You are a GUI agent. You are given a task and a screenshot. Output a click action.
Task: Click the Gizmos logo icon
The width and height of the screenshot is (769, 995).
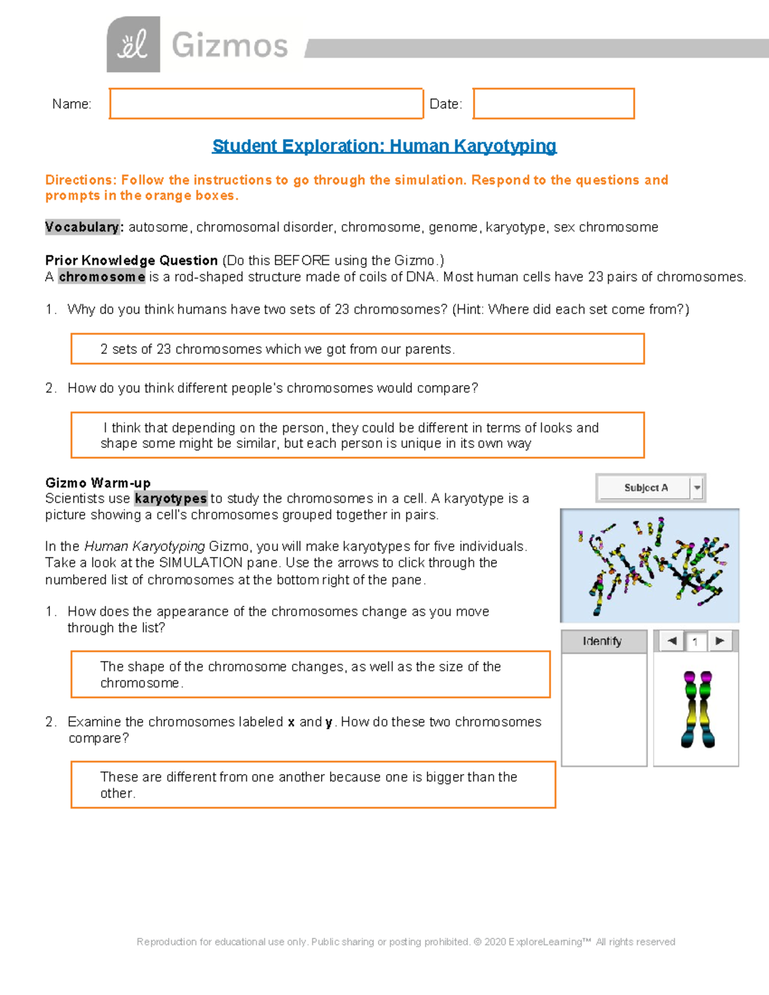pos(133,44)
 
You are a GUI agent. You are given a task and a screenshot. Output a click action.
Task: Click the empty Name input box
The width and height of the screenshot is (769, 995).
pos(266,104)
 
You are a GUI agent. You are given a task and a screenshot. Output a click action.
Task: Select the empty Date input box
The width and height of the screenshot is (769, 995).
pos(554,104)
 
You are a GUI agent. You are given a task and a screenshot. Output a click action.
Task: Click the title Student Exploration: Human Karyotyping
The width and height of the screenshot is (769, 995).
pos(384,146)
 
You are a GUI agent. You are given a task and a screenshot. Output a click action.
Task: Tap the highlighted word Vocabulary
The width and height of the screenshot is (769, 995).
pos(82,227)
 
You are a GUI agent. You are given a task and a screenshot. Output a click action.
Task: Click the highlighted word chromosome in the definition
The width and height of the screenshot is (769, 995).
pos(102,277)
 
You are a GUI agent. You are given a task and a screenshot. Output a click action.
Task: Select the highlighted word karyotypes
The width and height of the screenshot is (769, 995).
pos(170,498)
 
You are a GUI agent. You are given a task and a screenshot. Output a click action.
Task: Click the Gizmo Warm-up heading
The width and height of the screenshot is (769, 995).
pos(98,482)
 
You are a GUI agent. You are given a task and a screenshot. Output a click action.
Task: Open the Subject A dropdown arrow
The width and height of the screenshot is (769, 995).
pos(697,488)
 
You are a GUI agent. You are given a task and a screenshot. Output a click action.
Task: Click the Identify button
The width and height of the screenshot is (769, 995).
pos(603,641)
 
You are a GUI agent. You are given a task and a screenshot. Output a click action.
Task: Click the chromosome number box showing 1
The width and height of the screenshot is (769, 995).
pos(695,641)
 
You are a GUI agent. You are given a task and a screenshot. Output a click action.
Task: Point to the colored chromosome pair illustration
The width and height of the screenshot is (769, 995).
pos(698,709)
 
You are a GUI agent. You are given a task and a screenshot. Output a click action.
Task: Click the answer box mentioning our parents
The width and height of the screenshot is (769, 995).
pos(357,349)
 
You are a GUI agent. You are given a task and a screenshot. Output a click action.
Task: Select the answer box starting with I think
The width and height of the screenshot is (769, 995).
pos(357,435)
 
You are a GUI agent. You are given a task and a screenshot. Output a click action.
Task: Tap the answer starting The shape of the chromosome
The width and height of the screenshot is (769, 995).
pos(310,674)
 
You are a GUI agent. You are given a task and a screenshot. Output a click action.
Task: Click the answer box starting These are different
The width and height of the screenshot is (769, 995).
pos(313,784)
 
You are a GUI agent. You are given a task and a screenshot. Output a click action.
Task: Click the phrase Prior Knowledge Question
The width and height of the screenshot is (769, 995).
pos(131,260)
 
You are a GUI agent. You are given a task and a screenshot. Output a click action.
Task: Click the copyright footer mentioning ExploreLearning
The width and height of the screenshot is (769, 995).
pos(406,942)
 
